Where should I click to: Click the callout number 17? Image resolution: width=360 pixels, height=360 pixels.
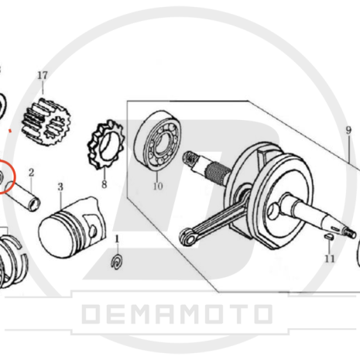(x=43, y=75)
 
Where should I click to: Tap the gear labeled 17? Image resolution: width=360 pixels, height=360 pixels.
(x=46, y=122)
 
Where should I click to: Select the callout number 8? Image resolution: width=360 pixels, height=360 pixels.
(x=105, y=184)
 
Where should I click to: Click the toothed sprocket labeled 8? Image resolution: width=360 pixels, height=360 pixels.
(x=106, y=145)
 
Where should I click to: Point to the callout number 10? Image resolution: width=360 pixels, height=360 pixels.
(x=158, y=186)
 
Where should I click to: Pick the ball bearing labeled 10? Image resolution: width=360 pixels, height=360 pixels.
(x=157, y=140)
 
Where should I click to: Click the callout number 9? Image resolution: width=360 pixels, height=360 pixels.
(x=348, y=130)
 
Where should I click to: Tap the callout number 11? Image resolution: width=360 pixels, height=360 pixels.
(x=330, y=259)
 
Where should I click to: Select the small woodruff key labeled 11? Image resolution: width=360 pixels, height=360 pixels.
(x=328, y=236)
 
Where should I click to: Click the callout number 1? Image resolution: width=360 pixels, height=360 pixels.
(x=117, y=239)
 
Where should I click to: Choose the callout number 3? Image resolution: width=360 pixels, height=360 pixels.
(x=60, y=187)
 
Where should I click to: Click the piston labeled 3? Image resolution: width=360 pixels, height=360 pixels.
(x=72, y=228)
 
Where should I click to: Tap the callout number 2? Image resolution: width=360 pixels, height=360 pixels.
(x=31, y=173)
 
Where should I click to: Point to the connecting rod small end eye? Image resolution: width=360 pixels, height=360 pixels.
(x=189, y=238)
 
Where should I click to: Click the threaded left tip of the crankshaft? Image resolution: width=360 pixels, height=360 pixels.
(x=190, y=158)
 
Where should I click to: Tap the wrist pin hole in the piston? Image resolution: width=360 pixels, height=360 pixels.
(x=93, y=231)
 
